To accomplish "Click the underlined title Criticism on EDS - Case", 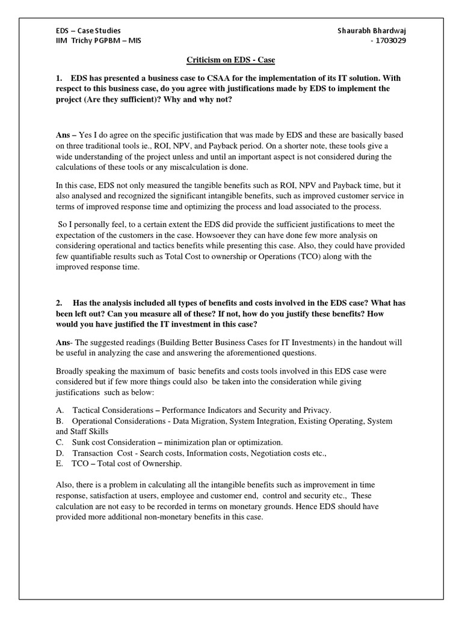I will (x=231, y=60).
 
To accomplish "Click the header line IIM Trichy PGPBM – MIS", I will (x=98, y=40).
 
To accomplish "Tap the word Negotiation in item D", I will (x=272, y=453).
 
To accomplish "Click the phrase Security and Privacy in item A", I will (x=292, y=410).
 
